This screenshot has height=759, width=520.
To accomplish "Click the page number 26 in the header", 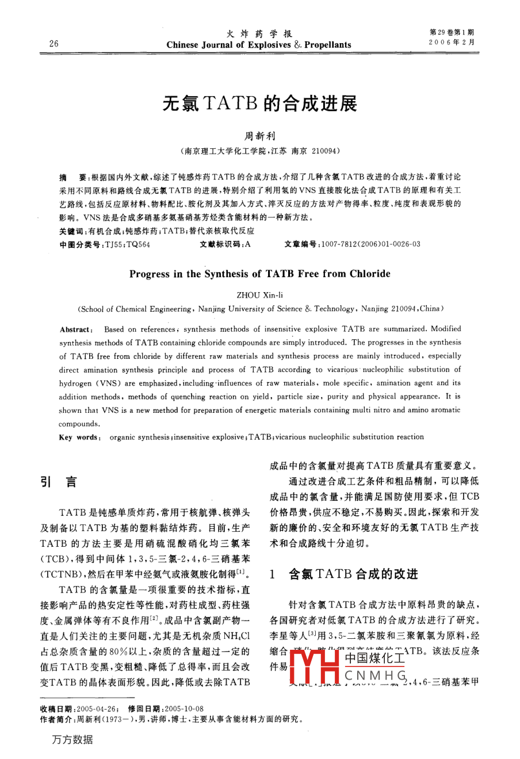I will [54, 44].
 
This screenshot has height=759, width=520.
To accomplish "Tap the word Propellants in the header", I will [328, 45].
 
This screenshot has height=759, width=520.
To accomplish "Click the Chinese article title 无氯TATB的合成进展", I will [259, 103].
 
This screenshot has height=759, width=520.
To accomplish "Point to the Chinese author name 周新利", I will [260, 136].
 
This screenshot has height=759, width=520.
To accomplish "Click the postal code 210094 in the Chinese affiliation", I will [326, 151].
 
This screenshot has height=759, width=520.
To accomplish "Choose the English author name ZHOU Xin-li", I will [259, 295].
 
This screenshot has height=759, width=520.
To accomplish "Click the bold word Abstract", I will [75, 329].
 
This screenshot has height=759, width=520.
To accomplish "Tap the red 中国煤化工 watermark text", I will [374, 657].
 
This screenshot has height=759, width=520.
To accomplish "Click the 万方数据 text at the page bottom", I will [72, 740].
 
